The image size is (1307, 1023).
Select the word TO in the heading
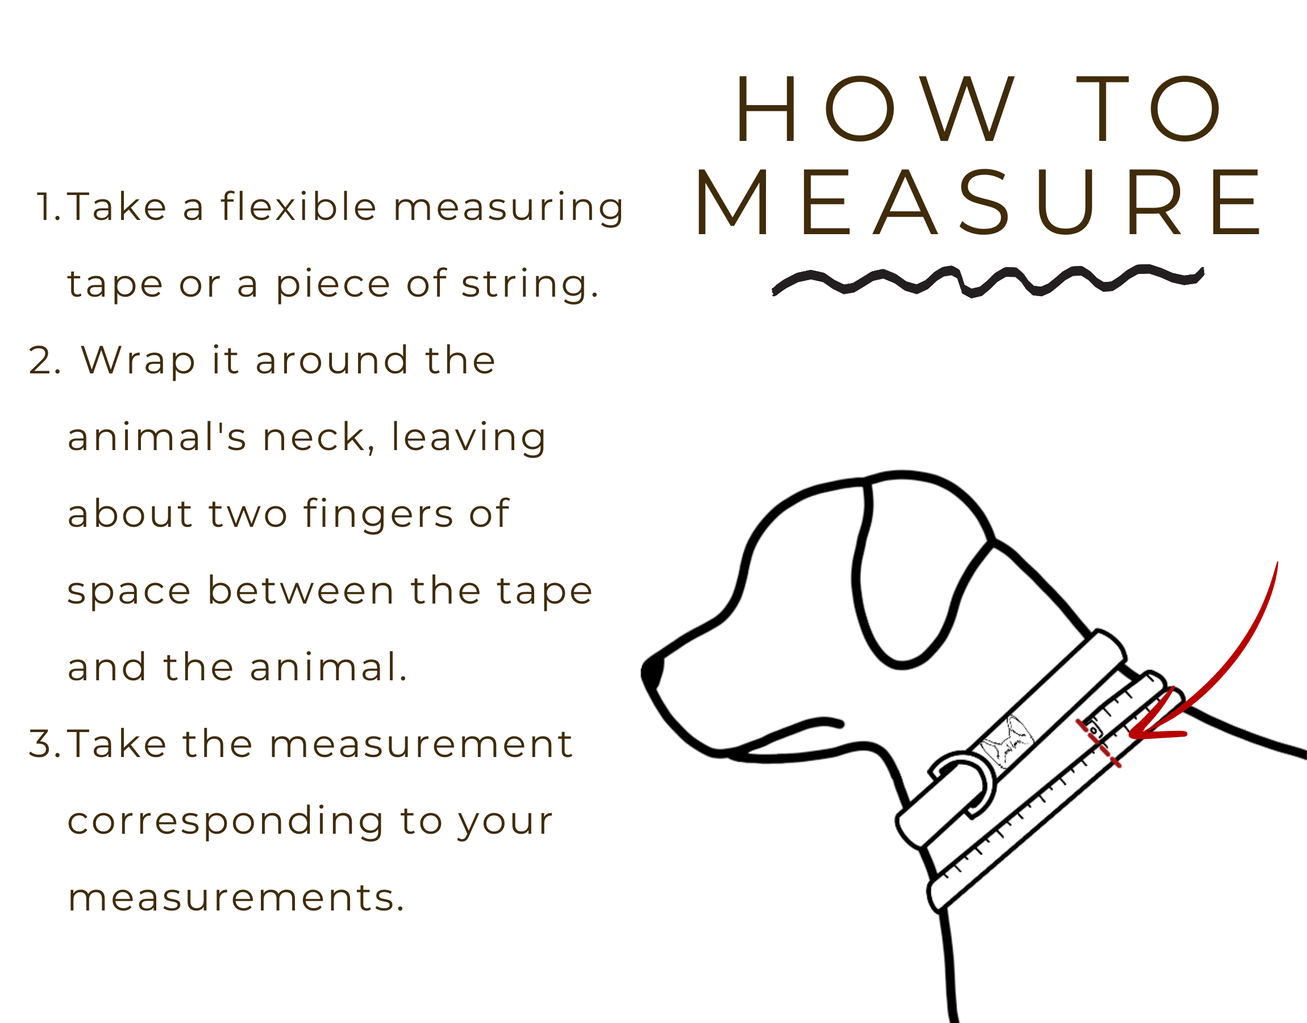(x=1149, y=110)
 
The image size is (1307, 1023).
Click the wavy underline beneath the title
(x=988, y=280)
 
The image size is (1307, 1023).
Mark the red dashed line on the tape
(x=1098, y=743)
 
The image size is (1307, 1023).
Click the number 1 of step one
(x=48, y=207)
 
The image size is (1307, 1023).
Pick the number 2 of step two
(x=44, y=360)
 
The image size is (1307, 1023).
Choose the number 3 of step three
(x=45, y=744)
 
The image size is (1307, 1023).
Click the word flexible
(x=298, y=206)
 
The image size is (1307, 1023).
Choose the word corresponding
(x=225, y=822)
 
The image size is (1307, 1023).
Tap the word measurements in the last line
(x=236, y=899)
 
